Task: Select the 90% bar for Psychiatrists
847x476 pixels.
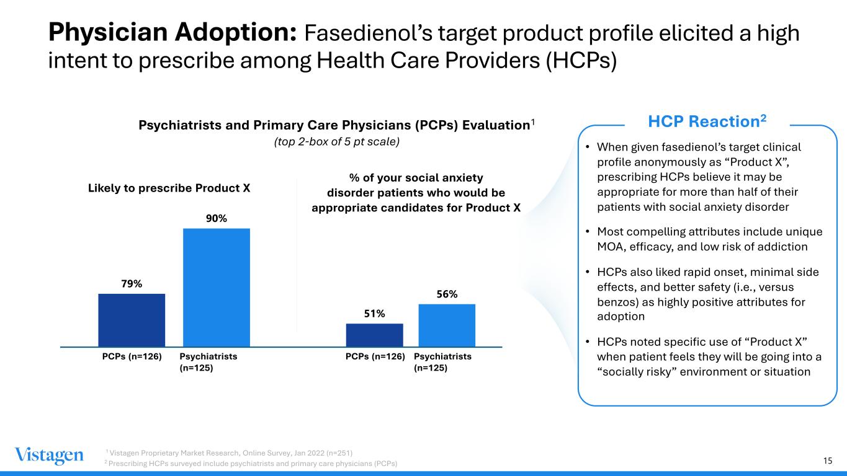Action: click(x=217, y=288)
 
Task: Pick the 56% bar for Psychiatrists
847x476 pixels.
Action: click(x=447, y=325)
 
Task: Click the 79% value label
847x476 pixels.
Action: click(x=132, y=284)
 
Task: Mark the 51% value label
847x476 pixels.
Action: click(x=374, y=314)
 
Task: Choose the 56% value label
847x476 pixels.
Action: click(x=447, y=294)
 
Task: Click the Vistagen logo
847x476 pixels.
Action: click(x=49, y=456)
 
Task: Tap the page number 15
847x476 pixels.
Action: click(x=827, y=460)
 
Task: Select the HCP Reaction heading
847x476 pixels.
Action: click(x=707, y=121)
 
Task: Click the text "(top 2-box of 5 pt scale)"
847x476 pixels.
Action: click(x=336, y=141)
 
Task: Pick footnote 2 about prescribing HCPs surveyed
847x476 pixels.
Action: click(x=251, y=464)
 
